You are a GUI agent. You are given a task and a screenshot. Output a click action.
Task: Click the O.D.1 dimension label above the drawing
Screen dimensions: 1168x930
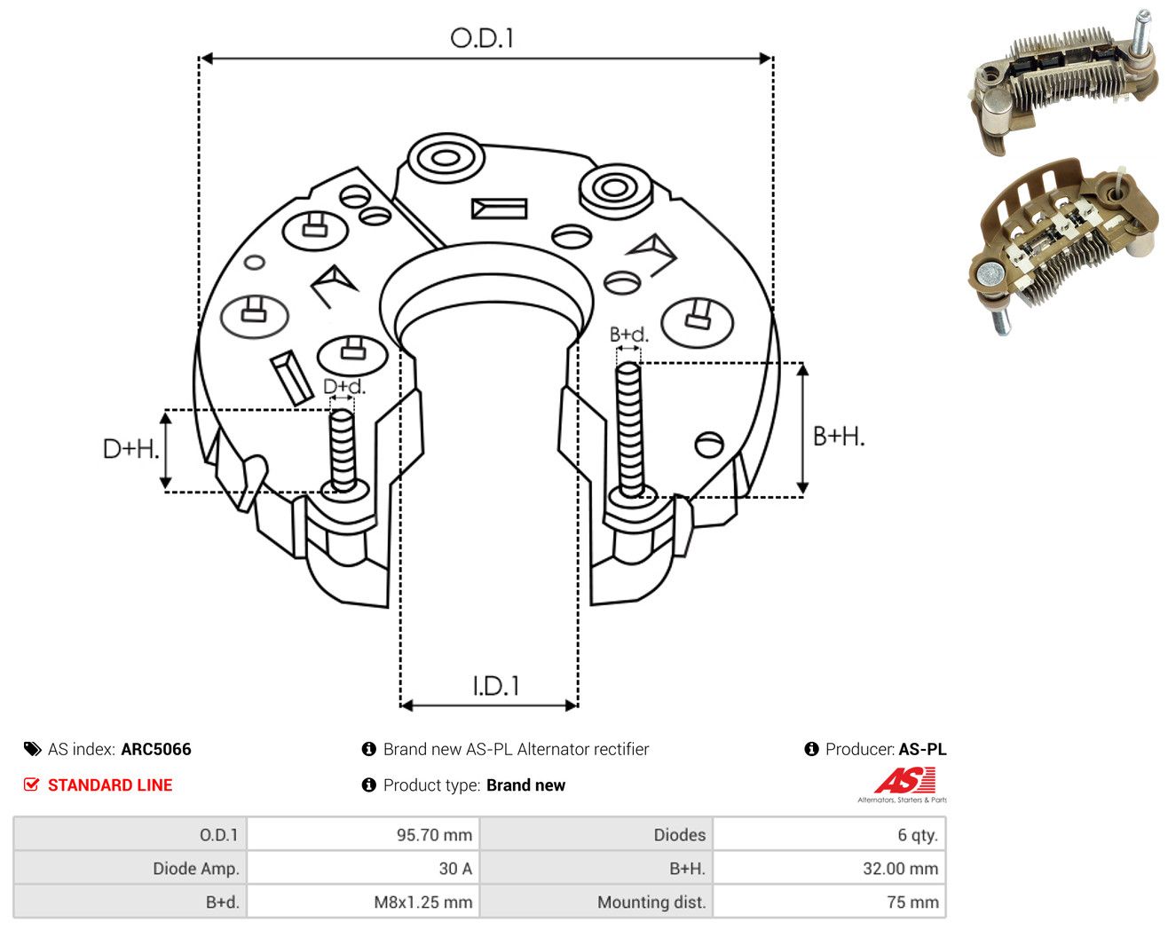pos(482,38)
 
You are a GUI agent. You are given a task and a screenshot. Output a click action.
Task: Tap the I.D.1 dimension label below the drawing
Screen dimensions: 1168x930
pos(496,686)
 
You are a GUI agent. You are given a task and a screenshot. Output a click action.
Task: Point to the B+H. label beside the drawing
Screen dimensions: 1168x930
pos(839,437)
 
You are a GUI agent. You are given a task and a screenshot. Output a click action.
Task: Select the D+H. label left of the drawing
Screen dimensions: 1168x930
pos(130,449)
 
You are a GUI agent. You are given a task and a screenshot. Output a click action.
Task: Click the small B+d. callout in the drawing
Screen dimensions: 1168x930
pos(629,335)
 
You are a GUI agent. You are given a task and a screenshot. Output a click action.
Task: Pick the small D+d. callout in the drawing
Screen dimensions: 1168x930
pos(344,386)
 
